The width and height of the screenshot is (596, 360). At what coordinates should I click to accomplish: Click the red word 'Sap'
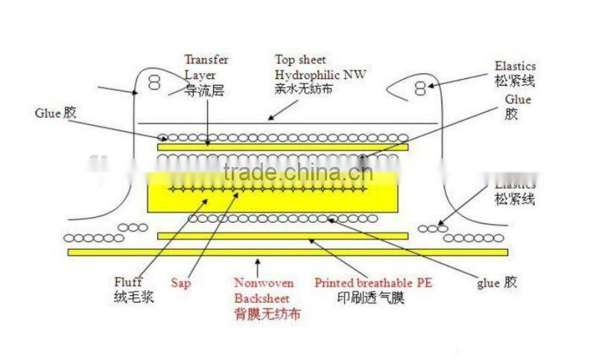click(181, 283)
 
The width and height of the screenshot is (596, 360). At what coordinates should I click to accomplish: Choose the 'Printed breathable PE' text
click(373, 283)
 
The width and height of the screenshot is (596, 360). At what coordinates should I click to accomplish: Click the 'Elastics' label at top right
click(515, 66)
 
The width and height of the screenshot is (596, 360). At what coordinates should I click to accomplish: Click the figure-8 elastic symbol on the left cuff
click(154, 83)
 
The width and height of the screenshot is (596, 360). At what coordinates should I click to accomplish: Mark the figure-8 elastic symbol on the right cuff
click(420, 88)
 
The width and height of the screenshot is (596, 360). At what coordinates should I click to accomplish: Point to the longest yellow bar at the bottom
click(288, 252)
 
